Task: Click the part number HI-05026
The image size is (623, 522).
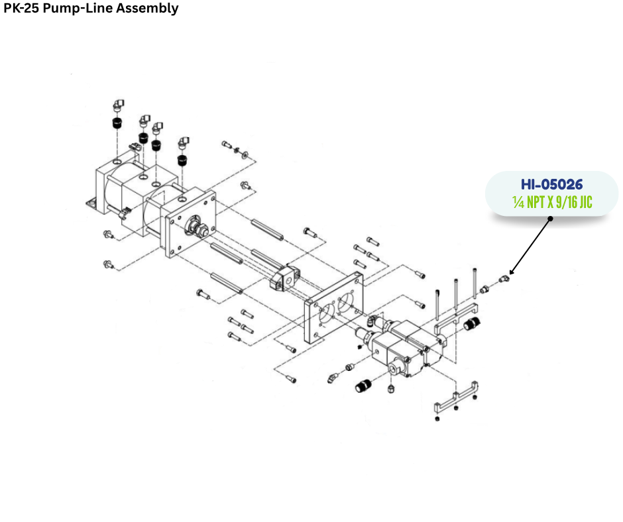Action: point(551,184)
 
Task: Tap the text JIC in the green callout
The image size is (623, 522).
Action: point(586,202)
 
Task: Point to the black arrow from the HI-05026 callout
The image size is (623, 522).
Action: point(530,246)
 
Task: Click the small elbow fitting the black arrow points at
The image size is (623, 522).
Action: point(504,279)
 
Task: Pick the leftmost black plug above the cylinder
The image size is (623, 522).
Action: point(117,123)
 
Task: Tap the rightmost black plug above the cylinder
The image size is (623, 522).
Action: point(182,160)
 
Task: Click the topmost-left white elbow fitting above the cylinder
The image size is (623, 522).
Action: point(118,105)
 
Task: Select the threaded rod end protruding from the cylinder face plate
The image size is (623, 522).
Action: point(198,226)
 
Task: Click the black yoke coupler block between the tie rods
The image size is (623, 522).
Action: point(284,277)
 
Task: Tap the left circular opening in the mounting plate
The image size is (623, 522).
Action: point(327,313)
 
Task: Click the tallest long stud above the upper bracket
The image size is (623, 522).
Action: point(475,284)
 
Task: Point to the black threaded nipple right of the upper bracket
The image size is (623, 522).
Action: point(472,323)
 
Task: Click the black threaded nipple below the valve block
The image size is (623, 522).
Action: point(364,385)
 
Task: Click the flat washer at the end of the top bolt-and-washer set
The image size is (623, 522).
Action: point(245,153)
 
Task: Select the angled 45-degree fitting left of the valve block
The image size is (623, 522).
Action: point(333,377)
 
